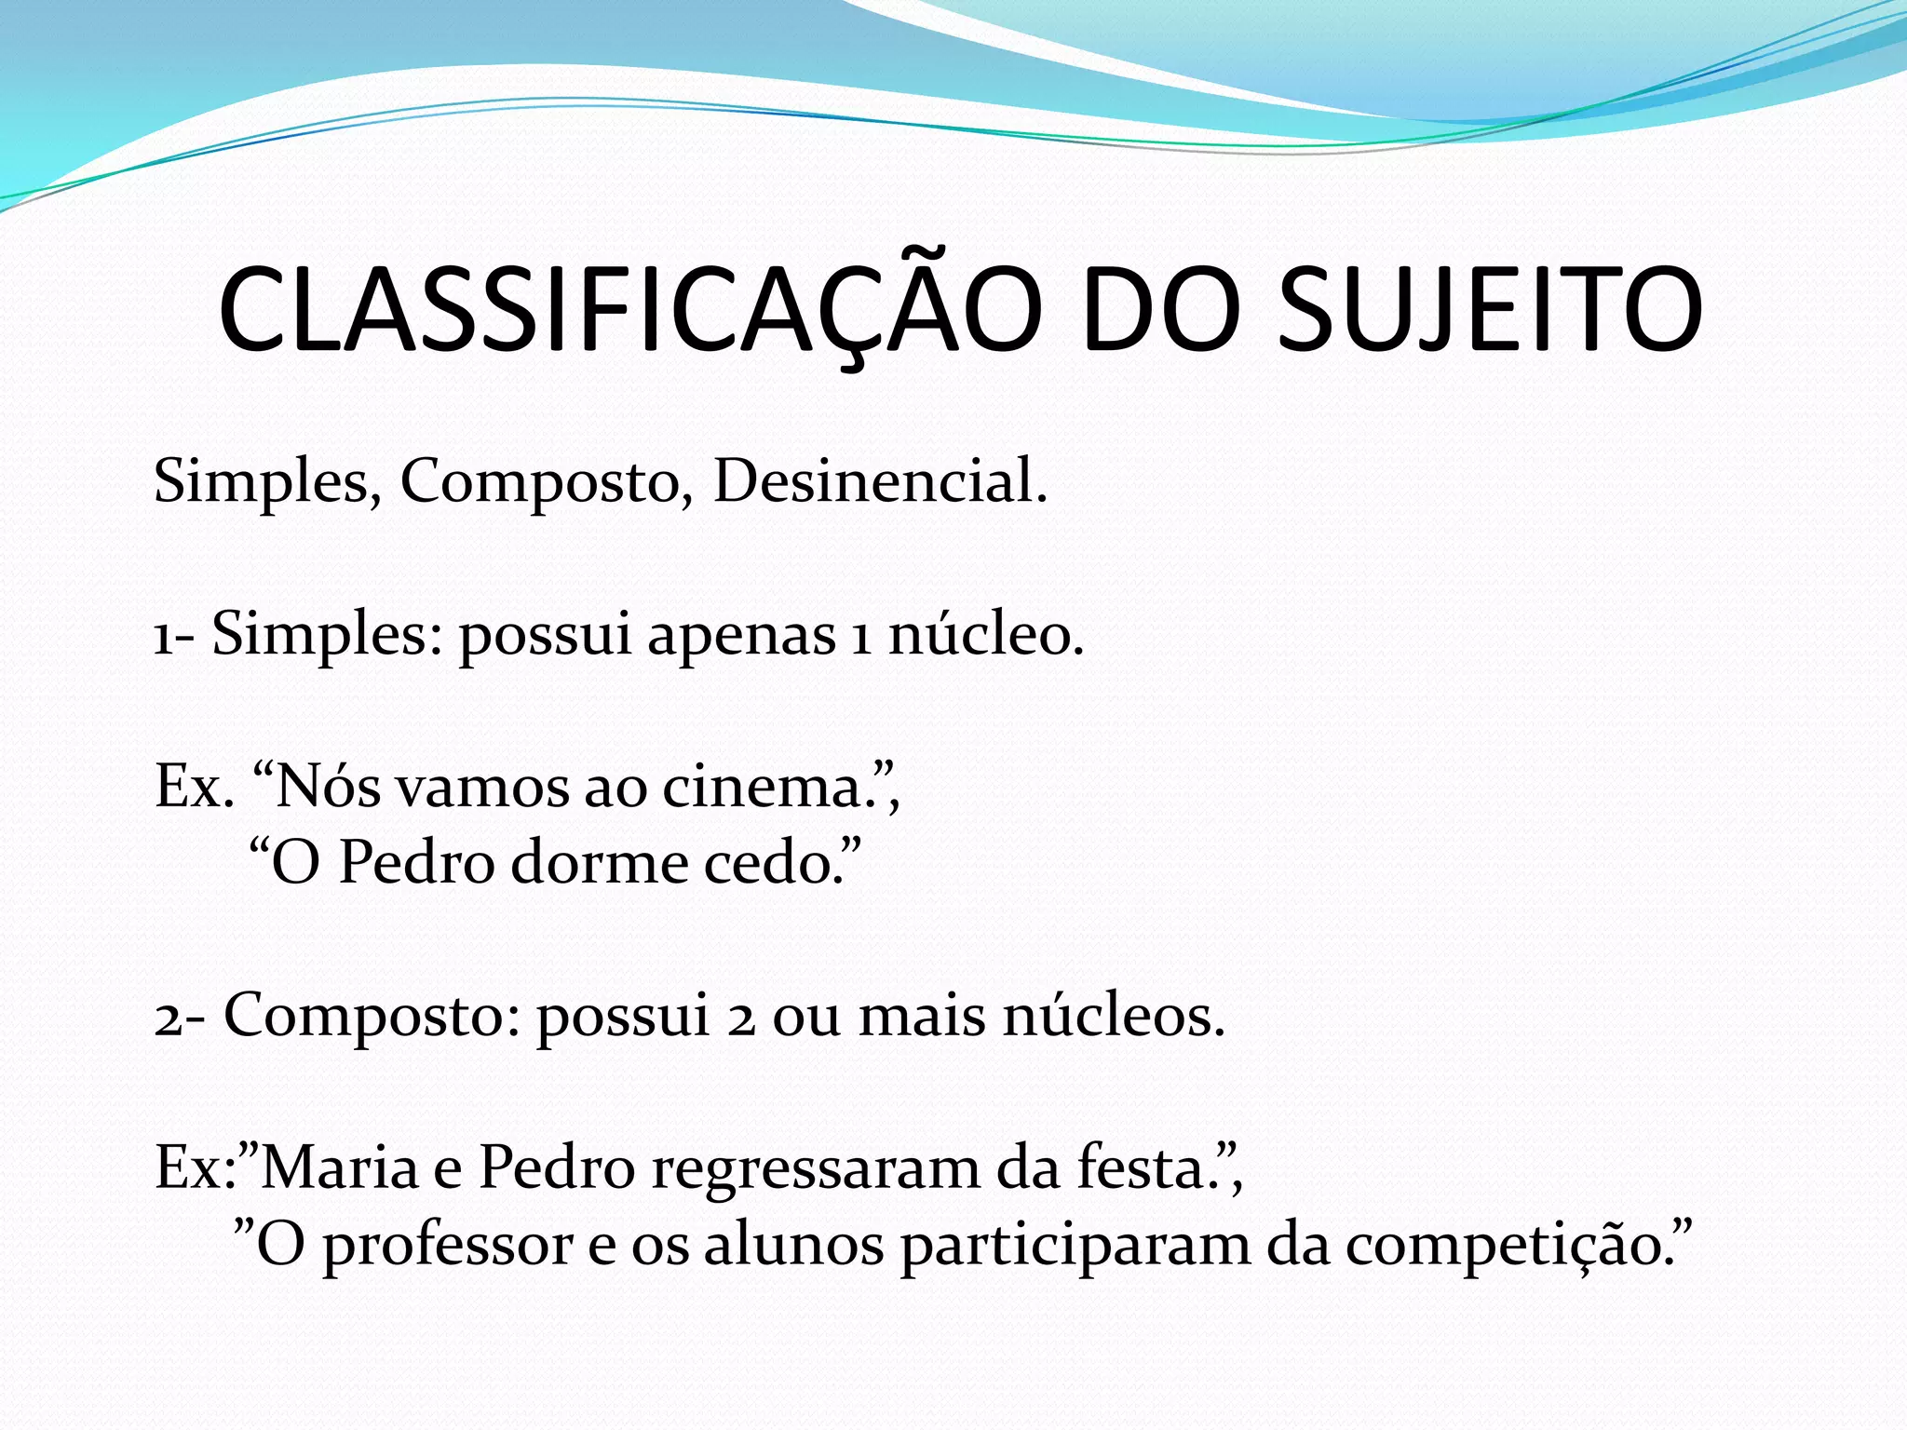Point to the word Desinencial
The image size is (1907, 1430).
[x=880, y=482]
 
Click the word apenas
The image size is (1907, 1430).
[x=741, y=636]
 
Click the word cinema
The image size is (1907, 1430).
[x=774, y=788]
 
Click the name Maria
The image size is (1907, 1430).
[x=340, y=1167]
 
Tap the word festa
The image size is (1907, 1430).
[x=1145, y=1167]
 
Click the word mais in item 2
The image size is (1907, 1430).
[x=921, y=1016]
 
